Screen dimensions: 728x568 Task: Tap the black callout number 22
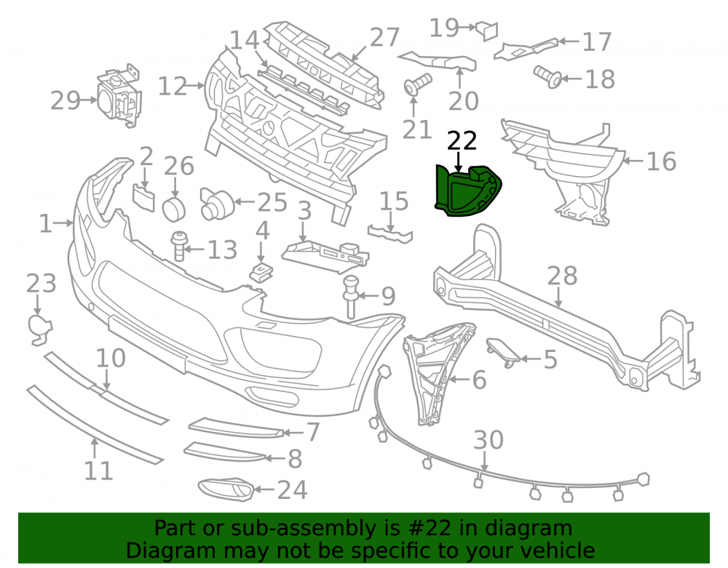[462, 140]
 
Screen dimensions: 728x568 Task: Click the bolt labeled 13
[179, 246]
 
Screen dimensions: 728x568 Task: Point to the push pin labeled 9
[351, 297]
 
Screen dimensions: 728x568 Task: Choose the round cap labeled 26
[174, 209]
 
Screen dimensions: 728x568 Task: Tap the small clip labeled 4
[261, 272]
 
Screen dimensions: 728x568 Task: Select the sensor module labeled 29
[119, 98]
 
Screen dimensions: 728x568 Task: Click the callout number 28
[562, 276]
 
